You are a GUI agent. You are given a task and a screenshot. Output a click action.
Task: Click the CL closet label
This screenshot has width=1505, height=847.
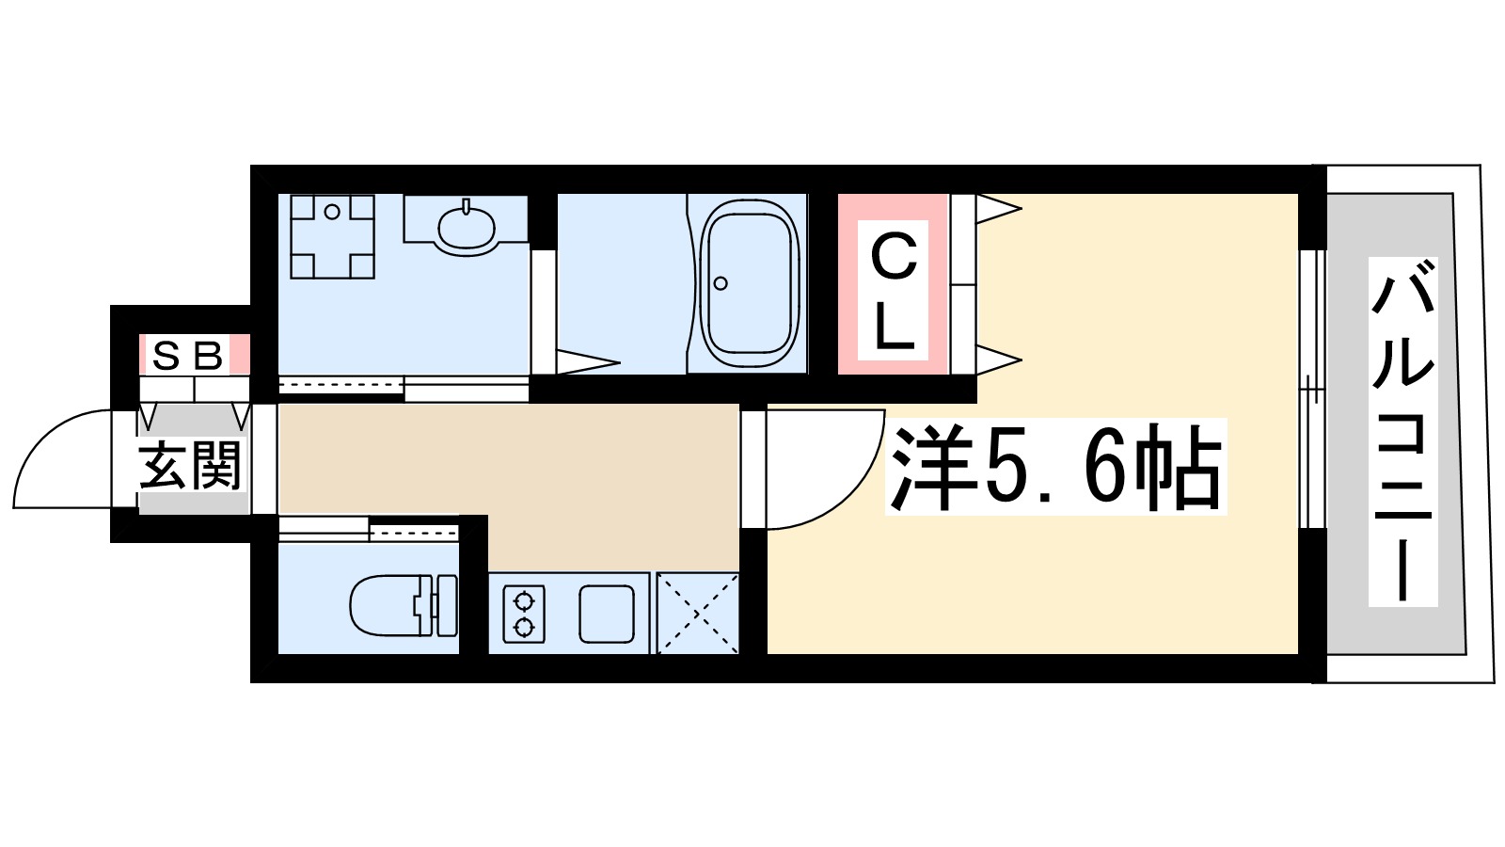893,292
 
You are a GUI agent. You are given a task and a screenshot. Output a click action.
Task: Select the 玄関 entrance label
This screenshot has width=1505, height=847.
191,465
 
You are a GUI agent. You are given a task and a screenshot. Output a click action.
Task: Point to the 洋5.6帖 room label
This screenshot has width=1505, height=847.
1055,467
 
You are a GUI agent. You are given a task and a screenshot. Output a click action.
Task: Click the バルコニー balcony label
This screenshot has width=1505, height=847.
1402,430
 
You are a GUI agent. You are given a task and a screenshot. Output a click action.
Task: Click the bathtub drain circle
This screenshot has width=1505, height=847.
721,283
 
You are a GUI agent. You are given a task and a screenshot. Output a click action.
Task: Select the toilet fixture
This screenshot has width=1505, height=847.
402,604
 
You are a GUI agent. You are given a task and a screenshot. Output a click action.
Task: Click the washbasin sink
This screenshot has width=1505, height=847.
467,226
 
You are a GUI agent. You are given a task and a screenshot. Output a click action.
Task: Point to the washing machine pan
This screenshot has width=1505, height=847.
332,237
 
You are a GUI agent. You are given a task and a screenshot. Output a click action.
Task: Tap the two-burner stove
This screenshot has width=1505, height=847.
524,614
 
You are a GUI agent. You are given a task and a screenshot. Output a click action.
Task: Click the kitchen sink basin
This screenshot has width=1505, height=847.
607,614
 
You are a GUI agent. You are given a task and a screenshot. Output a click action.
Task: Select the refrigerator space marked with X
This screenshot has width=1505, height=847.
697,613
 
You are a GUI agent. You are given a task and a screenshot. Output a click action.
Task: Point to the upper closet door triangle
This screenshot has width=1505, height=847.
997,208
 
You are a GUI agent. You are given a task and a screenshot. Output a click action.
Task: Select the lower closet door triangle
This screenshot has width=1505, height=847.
997,360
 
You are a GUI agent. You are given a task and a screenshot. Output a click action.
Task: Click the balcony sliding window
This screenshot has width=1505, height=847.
1312,387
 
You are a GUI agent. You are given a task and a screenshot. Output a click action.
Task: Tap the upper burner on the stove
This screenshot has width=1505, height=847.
524,599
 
